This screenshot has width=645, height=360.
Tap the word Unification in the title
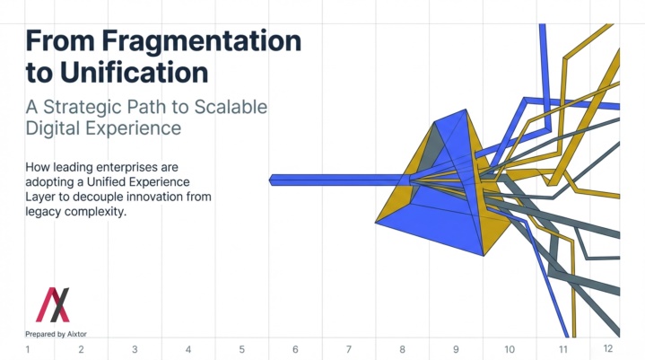(x=134, y=73)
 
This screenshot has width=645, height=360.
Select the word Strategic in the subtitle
(x=83, y=108)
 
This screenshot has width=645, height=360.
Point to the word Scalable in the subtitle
(x=231, y=107)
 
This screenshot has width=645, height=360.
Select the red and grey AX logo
(x=53, y=304)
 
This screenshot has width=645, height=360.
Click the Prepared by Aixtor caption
(x=56, y=334)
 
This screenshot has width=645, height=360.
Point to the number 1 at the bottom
(x=28, y=350)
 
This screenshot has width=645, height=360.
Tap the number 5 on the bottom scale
(x=242, y=350)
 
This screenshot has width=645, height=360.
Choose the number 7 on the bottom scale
(x=349, y=350)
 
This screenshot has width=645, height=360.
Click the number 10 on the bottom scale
(x=510, y=350)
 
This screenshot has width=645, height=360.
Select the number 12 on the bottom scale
(x=608, y=349)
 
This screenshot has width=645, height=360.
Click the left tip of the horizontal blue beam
(x=269, y=180)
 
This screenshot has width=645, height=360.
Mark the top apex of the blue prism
(x=466, y=109)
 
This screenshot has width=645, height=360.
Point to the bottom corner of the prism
(x=484, y=256)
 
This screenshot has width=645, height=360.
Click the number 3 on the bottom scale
(x=135, y=350)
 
